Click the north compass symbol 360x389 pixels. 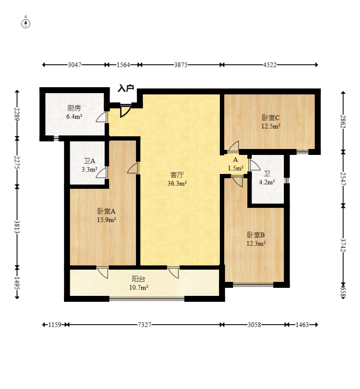[25, 24]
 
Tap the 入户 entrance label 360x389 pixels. [126, 88]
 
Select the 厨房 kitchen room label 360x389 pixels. [74, 108]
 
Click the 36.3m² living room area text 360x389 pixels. [177, 184]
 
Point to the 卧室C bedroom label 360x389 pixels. [271, 118]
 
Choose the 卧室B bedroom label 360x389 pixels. [256, 235]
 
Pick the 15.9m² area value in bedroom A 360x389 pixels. [106, 220]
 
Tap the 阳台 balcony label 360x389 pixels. [138, 279]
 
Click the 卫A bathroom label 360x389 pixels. [89, 161]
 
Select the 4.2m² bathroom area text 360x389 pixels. [267, 182]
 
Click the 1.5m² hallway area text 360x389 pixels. [235, 168]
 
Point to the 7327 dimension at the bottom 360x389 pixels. [144, 325]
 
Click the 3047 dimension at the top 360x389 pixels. [75, 65]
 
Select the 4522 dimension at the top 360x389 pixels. [270, 65]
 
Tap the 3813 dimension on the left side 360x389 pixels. [17, 227]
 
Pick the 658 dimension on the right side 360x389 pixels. [343, 292]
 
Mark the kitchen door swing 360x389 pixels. [102, 117]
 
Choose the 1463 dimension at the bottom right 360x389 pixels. [302, 325]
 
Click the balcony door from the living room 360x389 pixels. [173, 273]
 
